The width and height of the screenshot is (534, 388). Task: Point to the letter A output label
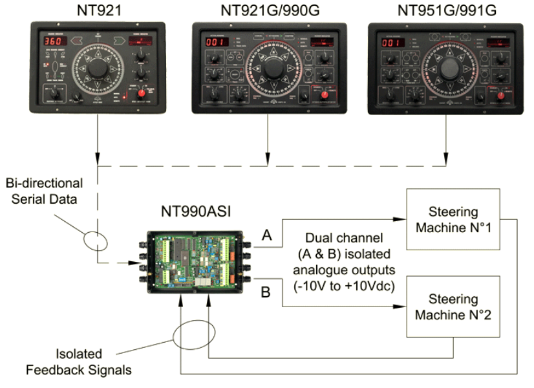pyautogui.click(x=266, y=237)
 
